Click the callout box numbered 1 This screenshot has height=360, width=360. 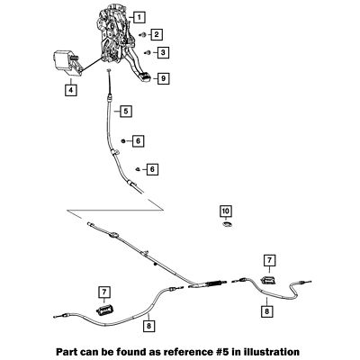tap(139, 17)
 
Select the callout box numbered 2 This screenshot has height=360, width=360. tap(157, 34)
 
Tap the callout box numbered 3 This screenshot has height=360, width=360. tap(163, 53)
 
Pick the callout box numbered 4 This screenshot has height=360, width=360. tap(71, 90)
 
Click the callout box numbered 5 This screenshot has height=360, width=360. tap(126, 112)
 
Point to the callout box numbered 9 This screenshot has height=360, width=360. tap(164, 78)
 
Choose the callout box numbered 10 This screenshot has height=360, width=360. tap(226, 211)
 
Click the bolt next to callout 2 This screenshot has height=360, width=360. tap(142, 35)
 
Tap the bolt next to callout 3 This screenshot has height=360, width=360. tap(148, 53)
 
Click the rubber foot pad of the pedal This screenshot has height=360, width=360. tap(146, 76)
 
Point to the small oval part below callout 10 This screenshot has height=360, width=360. tap(227, 224)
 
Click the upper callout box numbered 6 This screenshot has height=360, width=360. tap(138, 140)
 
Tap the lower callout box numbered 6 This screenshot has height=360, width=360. tap(152, 169)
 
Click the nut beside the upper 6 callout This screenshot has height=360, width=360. tap(122, 140)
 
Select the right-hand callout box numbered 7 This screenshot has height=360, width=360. tap(269, 260)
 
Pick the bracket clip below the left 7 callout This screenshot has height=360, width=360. tap(104, 310)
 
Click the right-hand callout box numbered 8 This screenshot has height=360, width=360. tap(267, 311)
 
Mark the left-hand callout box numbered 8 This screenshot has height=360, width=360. tap(149, 326)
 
